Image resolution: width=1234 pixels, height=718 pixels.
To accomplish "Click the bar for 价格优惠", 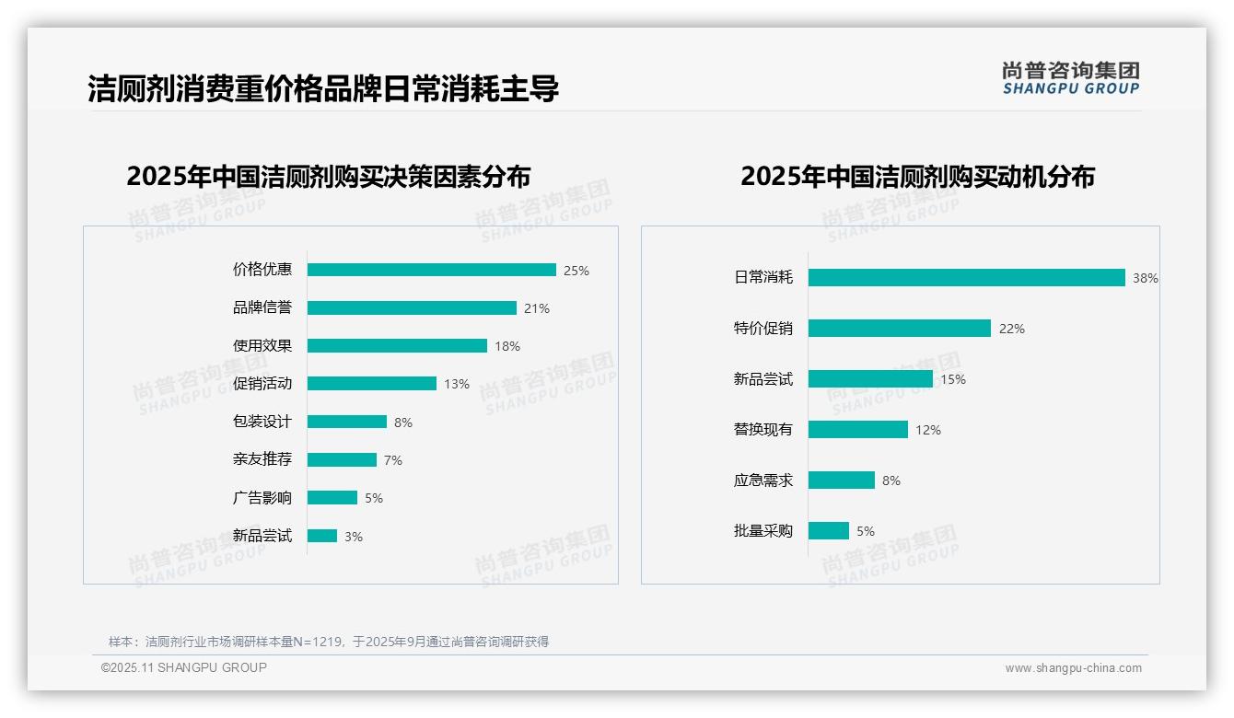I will tap(431, 270).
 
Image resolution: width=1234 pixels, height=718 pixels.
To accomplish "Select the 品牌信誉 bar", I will tap(412, 307).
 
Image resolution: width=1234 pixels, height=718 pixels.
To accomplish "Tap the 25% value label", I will tap(576, 271).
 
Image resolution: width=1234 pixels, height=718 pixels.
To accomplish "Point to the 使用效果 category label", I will tap(262, 345).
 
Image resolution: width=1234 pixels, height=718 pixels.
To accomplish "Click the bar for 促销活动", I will tap(371, 383).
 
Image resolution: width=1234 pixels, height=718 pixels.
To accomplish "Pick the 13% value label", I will tap(457, 384).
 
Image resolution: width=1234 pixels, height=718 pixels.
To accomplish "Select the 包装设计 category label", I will tap(262, 422).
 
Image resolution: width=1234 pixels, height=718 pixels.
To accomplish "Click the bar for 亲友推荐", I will tap(342, 459).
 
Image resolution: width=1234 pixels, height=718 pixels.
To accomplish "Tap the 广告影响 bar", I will tap(332, 497).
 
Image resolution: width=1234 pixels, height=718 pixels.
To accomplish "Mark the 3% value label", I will tap(354, 537).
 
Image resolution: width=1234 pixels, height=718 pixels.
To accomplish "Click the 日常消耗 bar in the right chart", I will tap(966, 277).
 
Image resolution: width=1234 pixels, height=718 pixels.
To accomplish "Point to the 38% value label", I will tap(1146, 278).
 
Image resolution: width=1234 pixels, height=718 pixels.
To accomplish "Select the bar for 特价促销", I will tap(899, 328).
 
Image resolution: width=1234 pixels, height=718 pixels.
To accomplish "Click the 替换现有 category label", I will tap(763, 429).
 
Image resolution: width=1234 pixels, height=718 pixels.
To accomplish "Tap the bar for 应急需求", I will tap(841, 480).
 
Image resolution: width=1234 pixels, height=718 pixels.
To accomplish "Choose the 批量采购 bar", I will tap(828, 530).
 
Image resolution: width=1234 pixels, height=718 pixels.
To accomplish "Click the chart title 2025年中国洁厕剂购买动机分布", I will tap(917, 176).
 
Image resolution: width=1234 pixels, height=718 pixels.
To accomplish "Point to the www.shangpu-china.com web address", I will tap(1073, 668).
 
